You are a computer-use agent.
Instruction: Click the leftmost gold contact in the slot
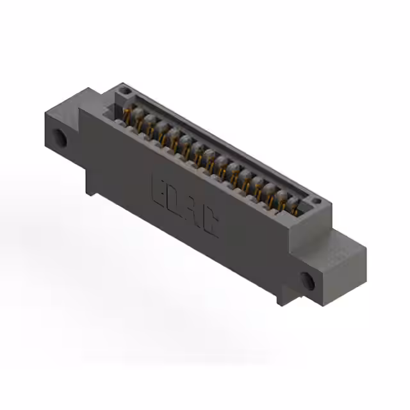click(128, 115)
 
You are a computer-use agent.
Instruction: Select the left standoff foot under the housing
click(93, 189)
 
